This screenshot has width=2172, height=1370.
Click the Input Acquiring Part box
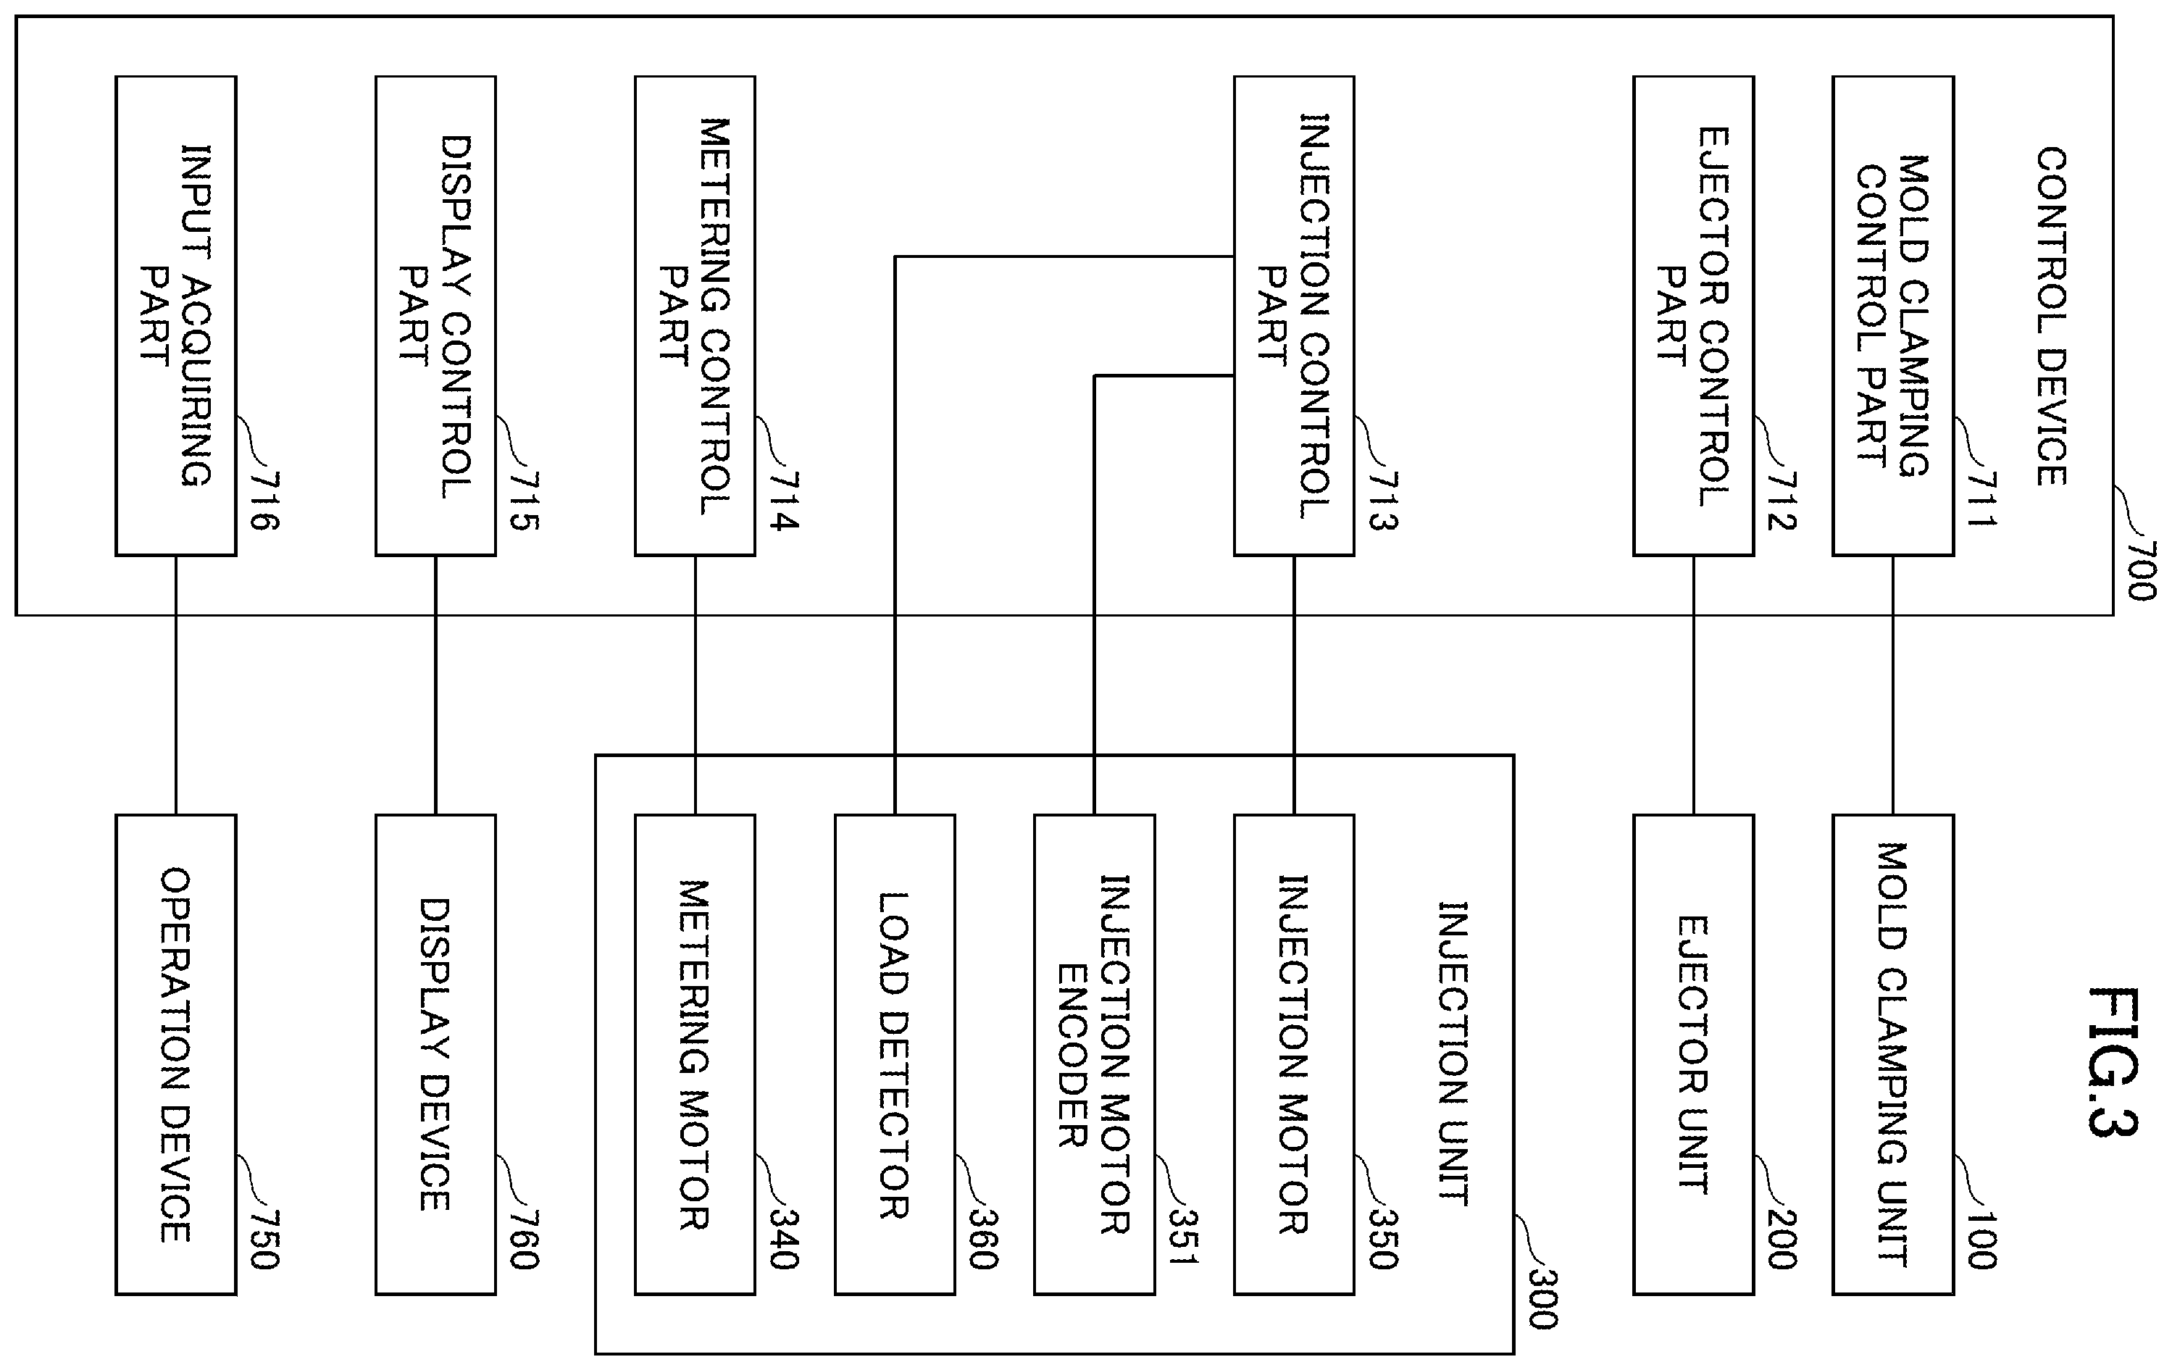[x=176, y=316]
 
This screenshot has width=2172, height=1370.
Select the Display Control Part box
[x=435, y=316]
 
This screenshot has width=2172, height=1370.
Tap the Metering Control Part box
[x=695, y=316]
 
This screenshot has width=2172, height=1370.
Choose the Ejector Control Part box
[x=1693, y=316]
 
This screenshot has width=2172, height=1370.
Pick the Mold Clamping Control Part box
[x=1892, y=316]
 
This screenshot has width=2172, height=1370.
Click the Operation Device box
[x=176, y=1054]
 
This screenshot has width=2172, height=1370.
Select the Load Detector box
[x=895, y=1054]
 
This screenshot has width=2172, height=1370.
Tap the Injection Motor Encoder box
[x=1094, y=1054]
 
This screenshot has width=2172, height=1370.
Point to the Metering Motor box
[x=695, y=1054]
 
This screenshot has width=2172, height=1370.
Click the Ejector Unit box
[x=1693, y=1054]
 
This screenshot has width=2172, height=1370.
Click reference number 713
[x=1383, y=501]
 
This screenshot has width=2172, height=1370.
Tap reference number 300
[x=1542, y=1300]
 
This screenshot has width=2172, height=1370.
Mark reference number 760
[x=524, y=1240]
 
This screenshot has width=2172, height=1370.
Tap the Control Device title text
[x=2052, y=316]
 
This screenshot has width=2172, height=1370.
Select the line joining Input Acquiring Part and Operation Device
[x=176, y=685]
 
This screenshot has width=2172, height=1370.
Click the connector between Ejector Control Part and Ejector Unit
[x=1693, y=685]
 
